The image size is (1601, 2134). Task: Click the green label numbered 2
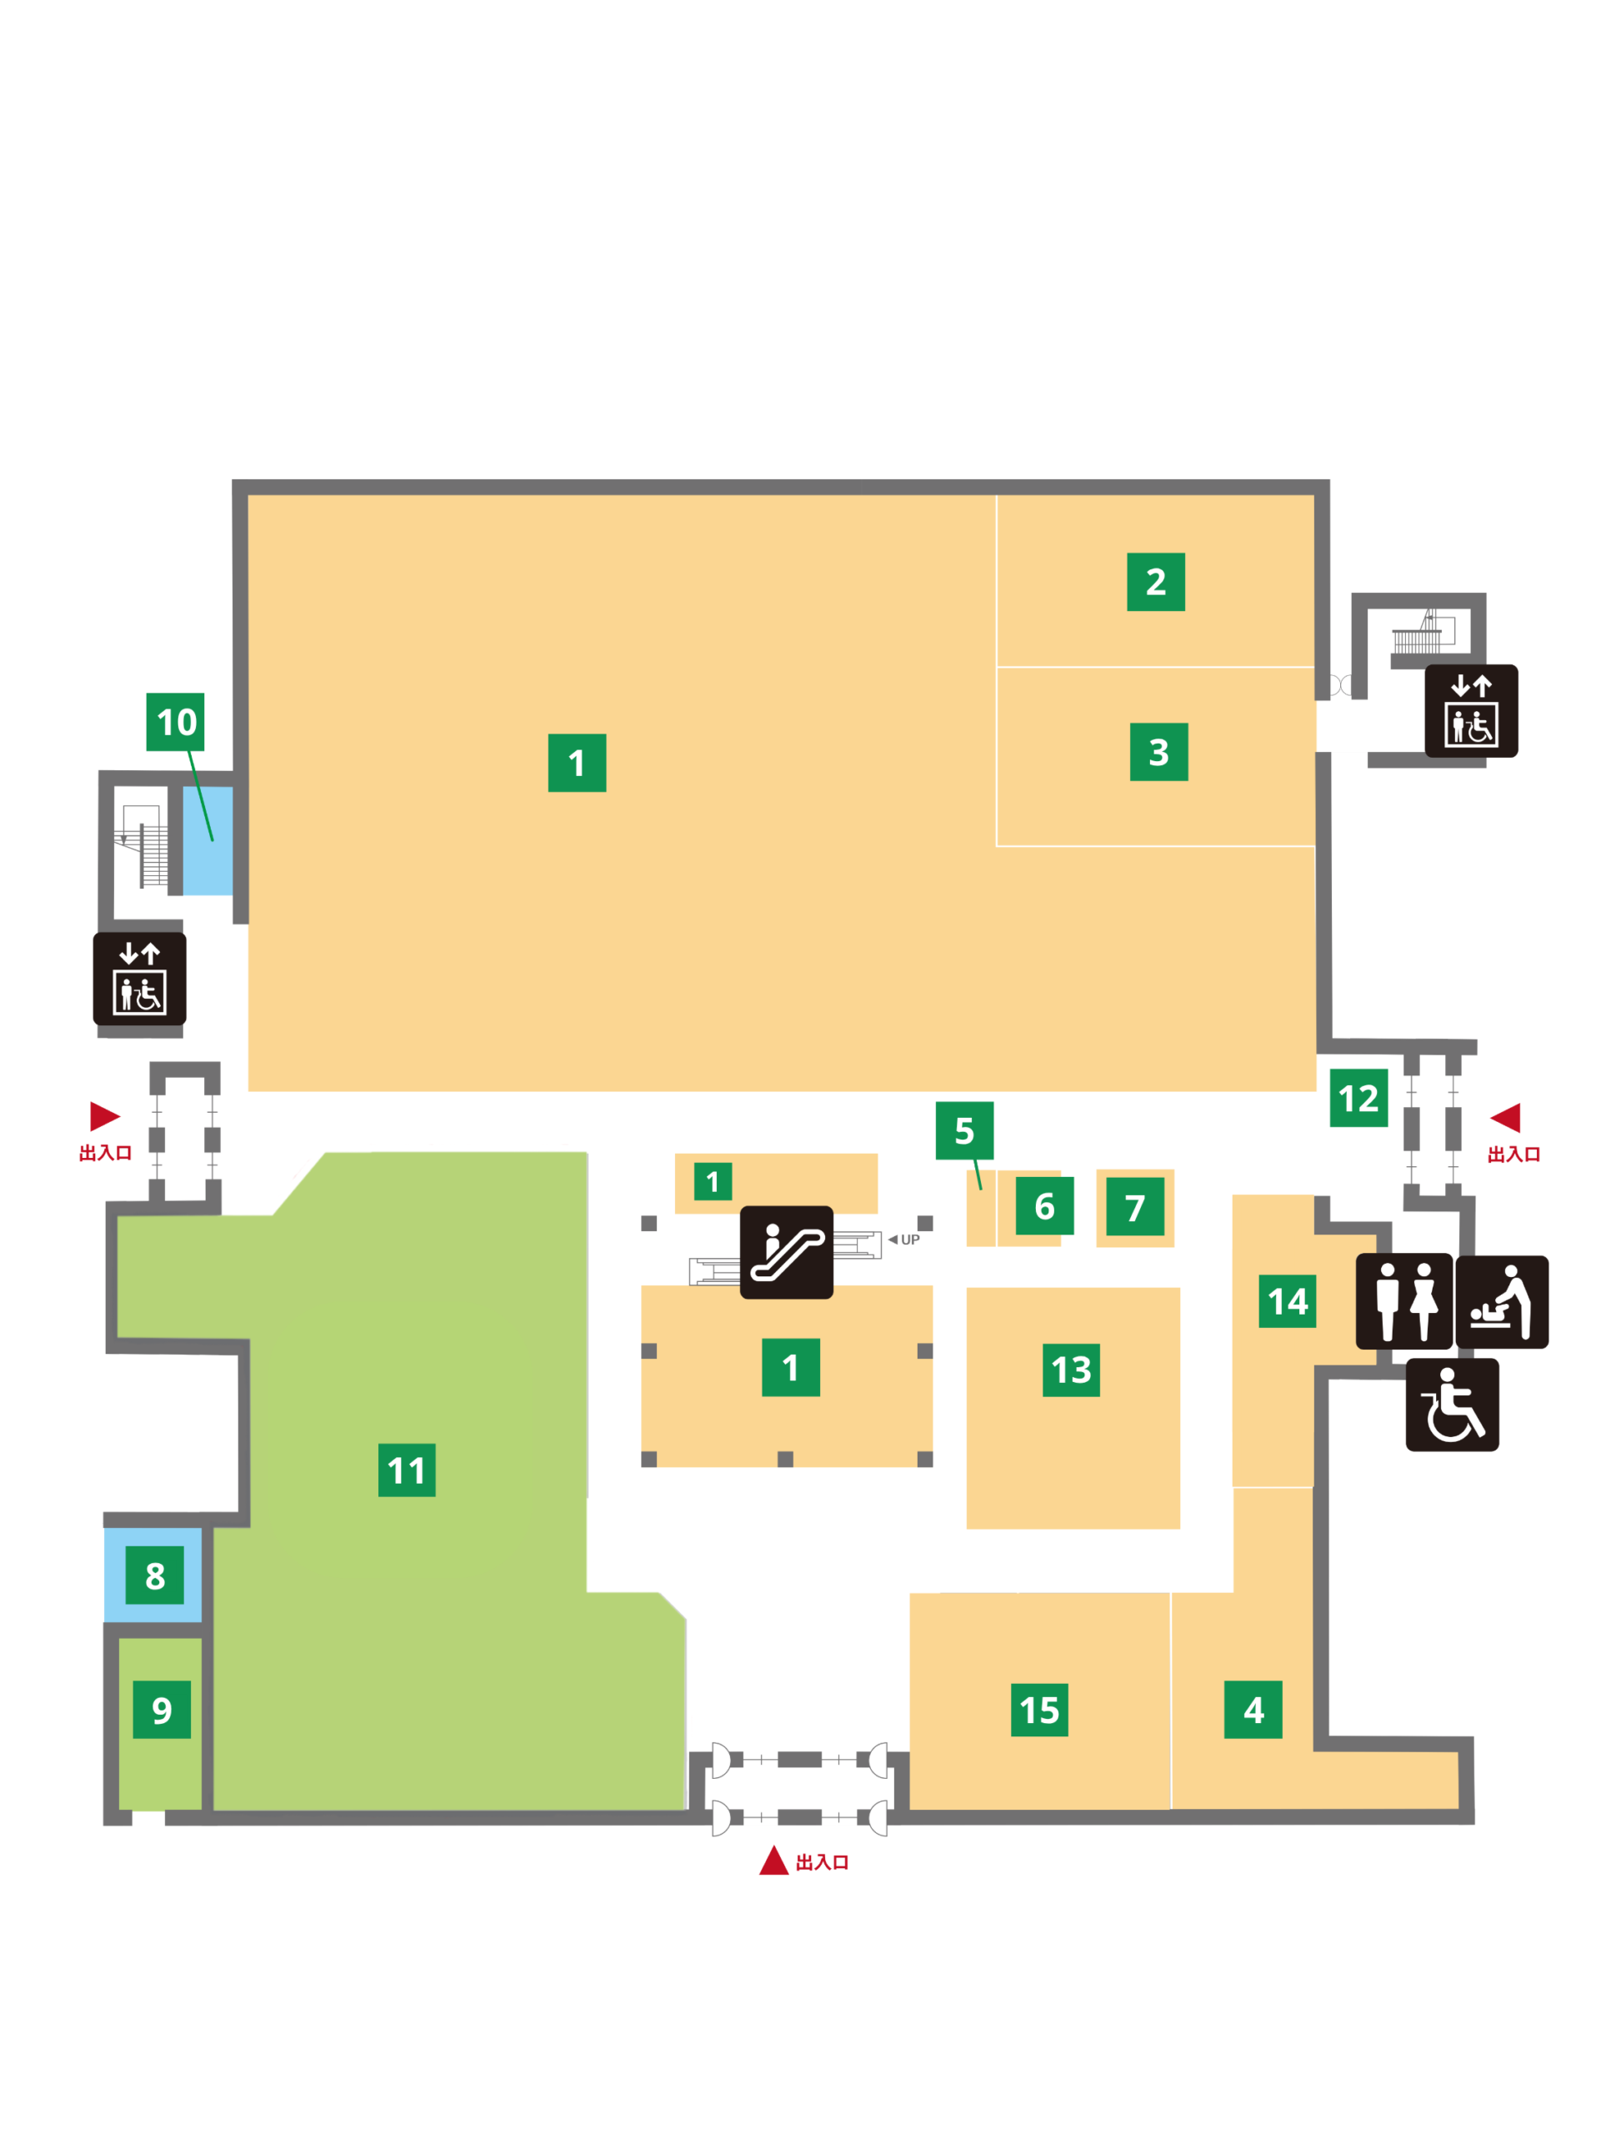(1155, 582)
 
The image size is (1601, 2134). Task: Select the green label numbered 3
(1158, 752)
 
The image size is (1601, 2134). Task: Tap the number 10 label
(176, 722)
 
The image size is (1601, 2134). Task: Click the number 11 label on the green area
(406, 1470)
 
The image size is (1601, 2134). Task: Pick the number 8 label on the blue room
(154, 1575)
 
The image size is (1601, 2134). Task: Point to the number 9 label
(161, 1710)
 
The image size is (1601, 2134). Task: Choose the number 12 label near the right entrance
(1358, 1098)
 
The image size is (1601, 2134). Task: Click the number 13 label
(1071, 1370)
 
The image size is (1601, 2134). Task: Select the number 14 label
(1288, 1301)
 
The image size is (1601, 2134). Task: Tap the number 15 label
(1038, 1711)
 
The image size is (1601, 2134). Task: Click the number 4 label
(1253, 1710)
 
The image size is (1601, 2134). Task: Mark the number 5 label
(964, 1130)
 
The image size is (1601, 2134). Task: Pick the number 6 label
(1044, 1206)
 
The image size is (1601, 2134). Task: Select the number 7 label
(1135, 1207)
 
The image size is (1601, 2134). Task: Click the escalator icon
(786, 1252)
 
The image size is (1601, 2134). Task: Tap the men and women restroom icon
(1404, 1301)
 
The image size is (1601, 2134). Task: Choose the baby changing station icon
(1502, 1302)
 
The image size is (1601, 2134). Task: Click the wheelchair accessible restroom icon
(1453, 1405)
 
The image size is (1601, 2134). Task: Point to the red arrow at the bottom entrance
(773, 1861)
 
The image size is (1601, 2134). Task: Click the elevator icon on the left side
(140, 979)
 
